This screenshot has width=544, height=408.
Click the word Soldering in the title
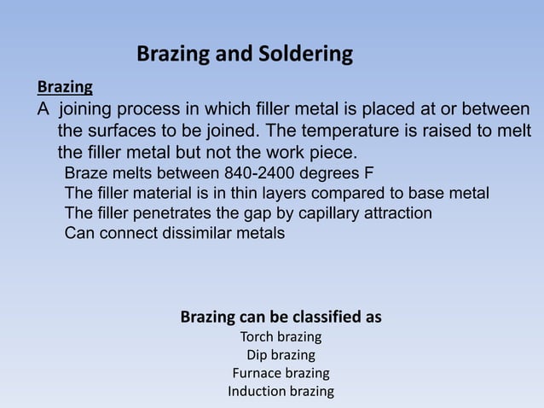point(303,55)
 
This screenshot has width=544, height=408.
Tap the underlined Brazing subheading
point(65,87)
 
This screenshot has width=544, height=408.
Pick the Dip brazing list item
point(281,354)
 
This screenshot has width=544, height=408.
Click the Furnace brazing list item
point(281,373)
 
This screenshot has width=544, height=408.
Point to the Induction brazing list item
point(281,392)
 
